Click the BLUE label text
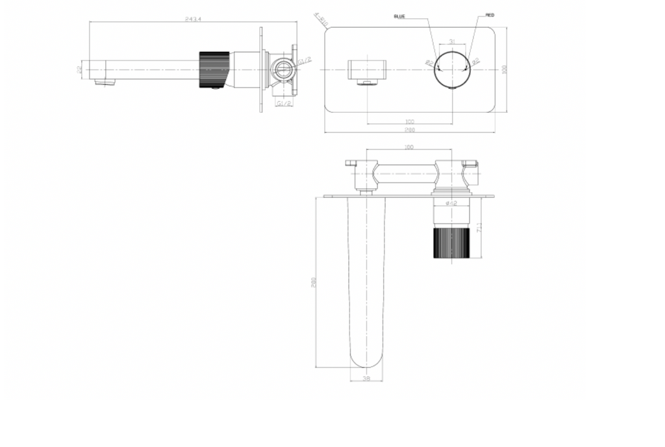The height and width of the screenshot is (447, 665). point(399,16)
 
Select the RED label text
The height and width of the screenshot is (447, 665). point(490,14)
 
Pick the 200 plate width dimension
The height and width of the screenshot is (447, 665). point(410,130)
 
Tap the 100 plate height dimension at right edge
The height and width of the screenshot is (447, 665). point(504,69)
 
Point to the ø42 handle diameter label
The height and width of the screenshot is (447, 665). point(451,204)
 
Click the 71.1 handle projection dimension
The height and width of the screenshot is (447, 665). point(479,228)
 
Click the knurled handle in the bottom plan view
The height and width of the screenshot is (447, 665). point(451,243)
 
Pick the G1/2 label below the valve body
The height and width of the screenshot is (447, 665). point(283,103)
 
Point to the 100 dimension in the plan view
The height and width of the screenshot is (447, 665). point(409,148)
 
